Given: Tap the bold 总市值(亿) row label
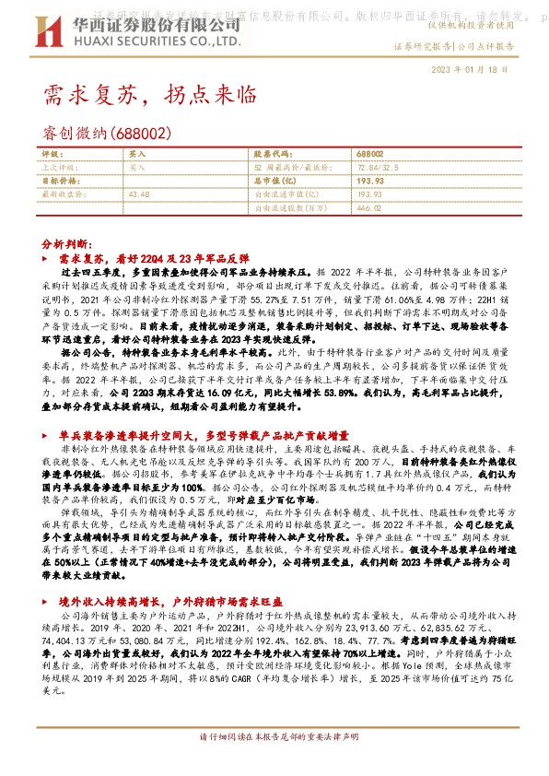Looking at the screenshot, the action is coord(278,182).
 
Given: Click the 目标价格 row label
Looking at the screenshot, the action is coord(59,182).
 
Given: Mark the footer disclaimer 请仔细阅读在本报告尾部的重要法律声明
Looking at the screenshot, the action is coord(274,765).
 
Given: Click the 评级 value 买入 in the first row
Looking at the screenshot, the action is coord(137,155).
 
